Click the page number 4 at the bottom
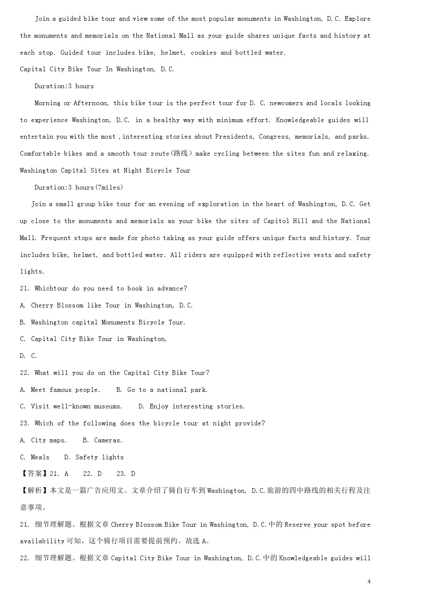coord(369,581)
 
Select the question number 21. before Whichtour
coord(25,288)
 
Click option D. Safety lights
coord(94,457)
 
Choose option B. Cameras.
coord(102,440)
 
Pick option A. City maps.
coord(43,440)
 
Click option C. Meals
coord(34,457)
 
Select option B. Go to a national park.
coord(162,390)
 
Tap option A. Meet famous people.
coord(60,390)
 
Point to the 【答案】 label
coord(34,474)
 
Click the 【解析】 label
coord(34,491)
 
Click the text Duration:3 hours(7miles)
coord(79,187)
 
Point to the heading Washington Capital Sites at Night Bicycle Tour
coord(105,170)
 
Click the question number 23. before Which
coord(25,423)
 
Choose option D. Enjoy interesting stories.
coord(191,406)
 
